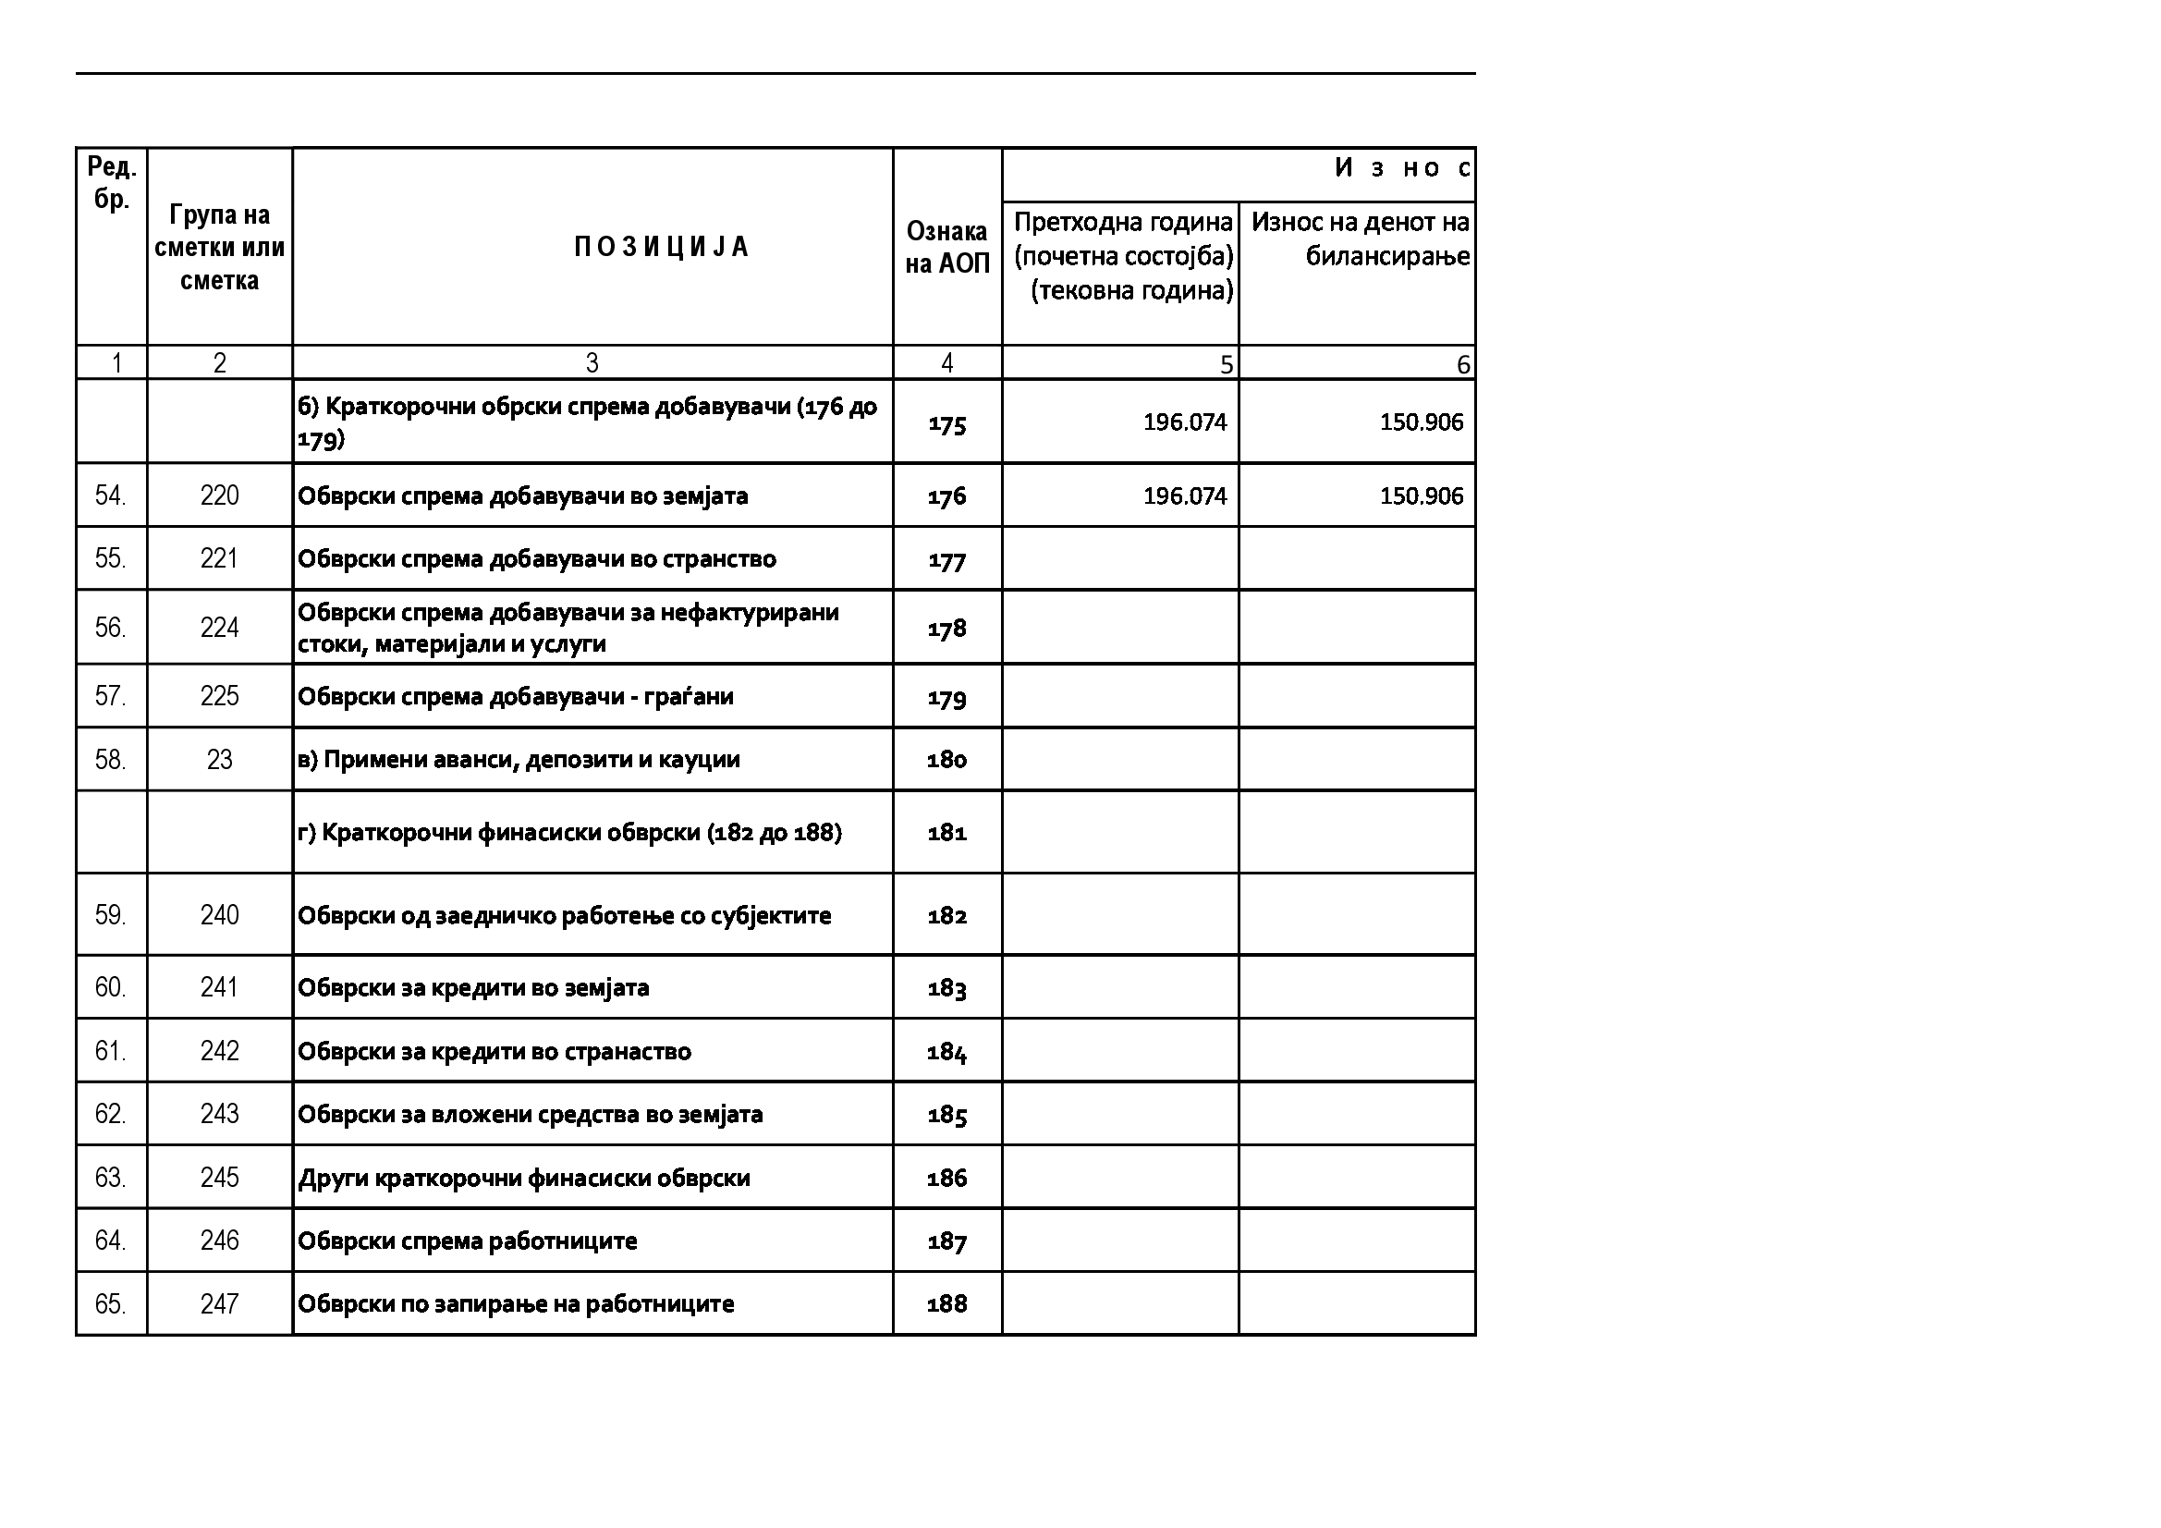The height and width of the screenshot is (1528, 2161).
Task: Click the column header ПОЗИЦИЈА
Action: [661, 247]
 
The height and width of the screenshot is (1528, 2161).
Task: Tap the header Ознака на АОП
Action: [946, 247]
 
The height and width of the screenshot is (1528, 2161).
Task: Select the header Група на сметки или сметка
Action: [219, 248]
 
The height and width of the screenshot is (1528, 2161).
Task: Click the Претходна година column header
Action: [1123, 256]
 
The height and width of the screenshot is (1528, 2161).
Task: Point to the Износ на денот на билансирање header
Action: [1360, 239]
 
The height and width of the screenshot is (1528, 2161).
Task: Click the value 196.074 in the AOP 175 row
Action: [1185, 422]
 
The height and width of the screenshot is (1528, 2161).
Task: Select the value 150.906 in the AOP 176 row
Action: [1422, 496]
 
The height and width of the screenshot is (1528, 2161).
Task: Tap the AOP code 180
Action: [946, 760]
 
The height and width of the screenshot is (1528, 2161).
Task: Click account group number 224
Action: [219, 628]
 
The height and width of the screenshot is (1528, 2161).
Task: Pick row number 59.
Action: [110, 915]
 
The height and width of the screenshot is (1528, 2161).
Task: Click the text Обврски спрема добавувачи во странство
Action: [536, 559]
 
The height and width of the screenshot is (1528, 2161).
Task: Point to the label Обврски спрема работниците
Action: [467, 1241]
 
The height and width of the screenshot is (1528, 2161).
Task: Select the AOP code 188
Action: [946, 1304]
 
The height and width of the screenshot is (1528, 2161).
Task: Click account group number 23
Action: [219, 760]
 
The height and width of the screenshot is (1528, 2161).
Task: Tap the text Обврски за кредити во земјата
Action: [473, 987]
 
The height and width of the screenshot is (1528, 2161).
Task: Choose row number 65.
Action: [110, 1304]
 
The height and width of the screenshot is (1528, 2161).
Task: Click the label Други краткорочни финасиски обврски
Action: [523, 1178]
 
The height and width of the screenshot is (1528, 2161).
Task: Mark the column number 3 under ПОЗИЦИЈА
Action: [592, 363]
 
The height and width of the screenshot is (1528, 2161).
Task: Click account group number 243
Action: [219, 1114]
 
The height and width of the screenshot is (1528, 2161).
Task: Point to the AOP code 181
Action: [946, 832]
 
